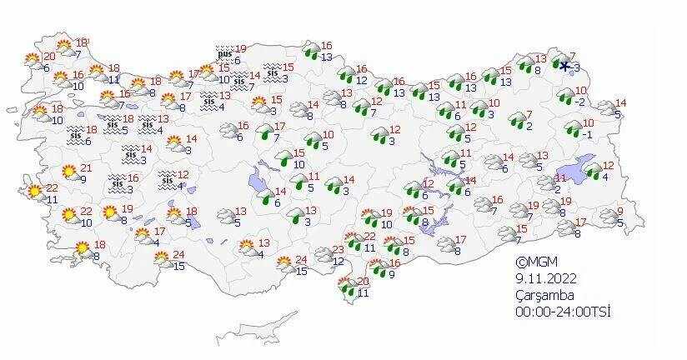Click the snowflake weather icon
tap(565, 67)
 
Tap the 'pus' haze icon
tap(223, 54)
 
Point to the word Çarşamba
tap(544, 294)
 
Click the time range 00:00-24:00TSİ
tap(564, 311)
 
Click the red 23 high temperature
tap(338, 251)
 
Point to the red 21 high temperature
tap(86, 169)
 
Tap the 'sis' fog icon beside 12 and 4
tap(168, 179)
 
